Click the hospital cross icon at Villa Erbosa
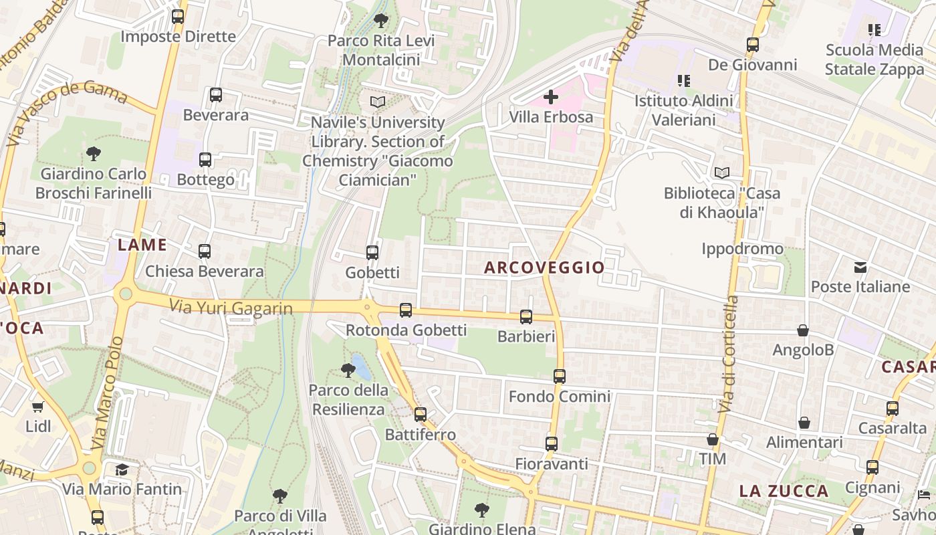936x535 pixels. coord(551,97)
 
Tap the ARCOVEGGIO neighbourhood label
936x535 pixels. coord(544,267)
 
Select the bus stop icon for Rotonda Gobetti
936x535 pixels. coord(406,310)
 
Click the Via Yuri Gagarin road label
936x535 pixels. coord(231,308)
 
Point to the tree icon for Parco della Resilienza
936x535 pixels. coord(348,370)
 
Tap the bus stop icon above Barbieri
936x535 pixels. coord(526,317)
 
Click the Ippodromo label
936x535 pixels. coord(742,249)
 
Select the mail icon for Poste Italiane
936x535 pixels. coord(860,267)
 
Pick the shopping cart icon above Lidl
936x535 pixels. coord(38,407)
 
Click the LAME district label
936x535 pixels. coord(142,245)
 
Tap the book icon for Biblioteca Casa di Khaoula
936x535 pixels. coord(721,173)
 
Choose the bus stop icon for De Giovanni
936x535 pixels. coord(753,45)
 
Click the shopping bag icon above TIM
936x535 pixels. coord(713,439)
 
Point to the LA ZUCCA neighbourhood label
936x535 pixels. coord(784,492)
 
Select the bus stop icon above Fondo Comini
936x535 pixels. coord(560,377)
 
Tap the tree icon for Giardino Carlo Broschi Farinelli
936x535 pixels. coord(94,154)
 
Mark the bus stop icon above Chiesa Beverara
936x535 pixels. coord(205,251)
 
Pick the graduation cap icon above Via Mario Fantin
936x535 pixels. coord(122,469)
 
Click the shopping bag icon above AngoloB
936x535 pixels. coord(803,330)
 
